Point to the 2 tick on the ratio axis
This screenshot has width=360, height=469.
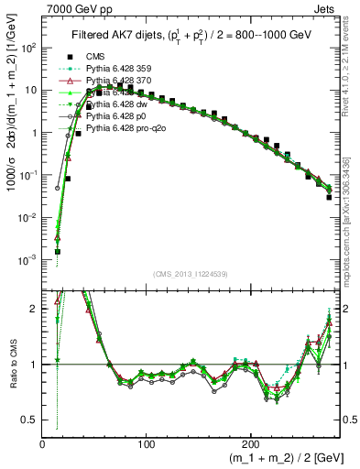coord(33,309)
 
